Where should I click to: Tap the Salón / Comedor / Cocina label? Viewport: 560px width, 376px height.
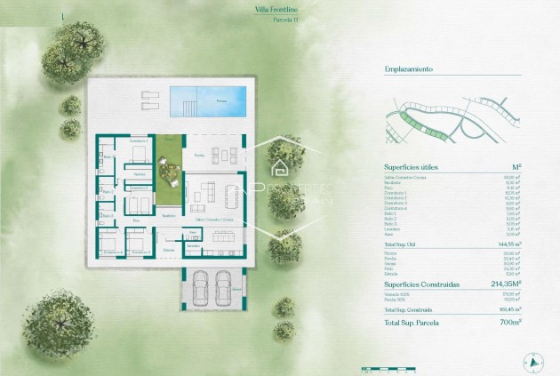(216, 219)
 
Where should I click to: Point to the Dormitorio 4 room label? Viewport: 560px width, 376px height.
(112, 252)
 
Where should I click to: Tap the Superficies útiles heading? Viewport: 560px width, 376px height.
(412, 167)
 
